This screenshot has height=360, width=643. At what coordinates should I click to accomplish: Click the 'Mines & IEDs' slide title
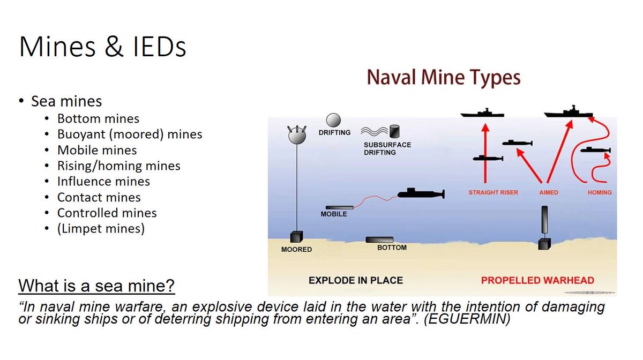tap(102, 47)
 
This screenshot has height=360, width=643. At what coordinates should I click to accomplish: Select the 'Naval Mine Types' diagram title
tap(444, 78)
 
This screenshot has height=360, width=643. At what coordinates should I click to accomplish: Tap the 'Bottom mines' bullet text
tap(98, 118)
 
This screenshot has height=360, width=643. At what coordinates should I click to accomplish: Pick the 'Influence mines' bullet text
tap(103, 182)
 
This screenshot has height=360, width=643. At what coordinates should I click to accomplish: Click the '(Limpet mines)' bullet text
tap(101, 229)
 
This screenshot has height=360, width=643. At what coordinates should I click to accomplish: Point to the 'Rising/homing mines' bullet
tap(118, 166)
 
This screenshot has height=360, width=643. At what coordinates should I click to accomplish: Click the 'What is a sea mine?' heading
tap(96, 286)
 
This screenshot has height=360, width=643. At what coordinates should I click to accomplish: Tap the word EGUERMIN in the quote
tap(467, 319)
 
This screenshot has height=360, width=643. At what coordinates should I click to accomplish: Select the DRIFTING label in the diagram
tap(334, 133)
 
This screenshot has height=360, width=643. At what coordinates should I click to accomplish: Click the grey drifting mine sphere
tap(333, 120)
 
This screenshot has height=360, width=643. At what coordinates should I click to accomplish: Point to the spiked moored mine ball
tap(297, 135)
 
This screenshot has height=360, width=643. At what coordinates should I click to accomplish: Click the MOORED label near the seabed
tap(296, 250)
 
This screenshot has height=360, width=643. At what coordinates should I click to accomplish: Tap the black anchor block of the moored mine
tap(296, 237)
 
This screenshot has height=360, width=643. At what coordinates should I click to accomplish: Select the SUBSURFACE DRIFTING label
tap(387, 148)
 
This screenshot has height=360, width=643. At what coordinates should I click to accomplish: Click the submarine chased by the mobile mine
tap(421, 194)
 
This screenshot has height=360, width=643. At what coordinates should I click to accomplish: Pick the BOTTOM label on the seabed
tap(392, 247)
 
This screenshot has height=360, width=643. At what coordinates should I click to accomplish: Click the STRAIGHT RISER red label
tap(493, 192)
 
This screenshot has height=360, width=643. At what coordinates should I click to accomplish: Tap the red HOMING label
tap(600, 192)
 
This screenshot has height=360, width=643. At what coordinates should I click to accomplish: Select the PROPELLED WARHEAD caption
tap(537, 280)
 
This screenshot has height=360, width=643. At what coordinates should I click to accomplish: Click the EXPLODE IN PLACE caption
tap(356, 280)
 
